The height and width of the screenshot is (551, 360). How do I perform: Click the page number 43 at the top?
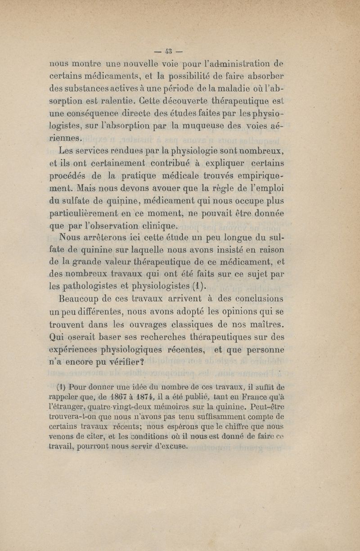click(x=170, y=48)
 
